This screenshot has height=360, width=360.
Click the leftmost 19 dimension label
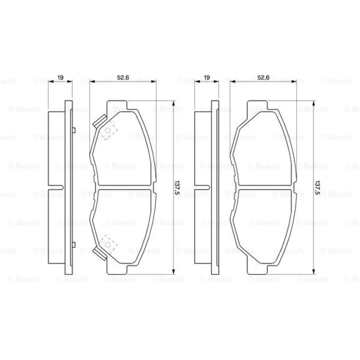[x=60, y=77]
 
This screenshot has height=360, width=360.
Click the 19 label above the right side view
[x=207, y=77]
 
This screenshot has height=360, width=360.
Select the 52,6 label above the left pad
[x=123, y=77]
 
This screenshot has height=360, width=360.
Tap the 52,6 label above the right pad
[x=263, y=77]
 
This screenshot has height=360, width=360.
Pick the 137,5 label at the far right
[x=317, y=187]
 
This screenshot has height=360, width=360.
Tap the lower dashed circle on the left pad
[x=108, y=244]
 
